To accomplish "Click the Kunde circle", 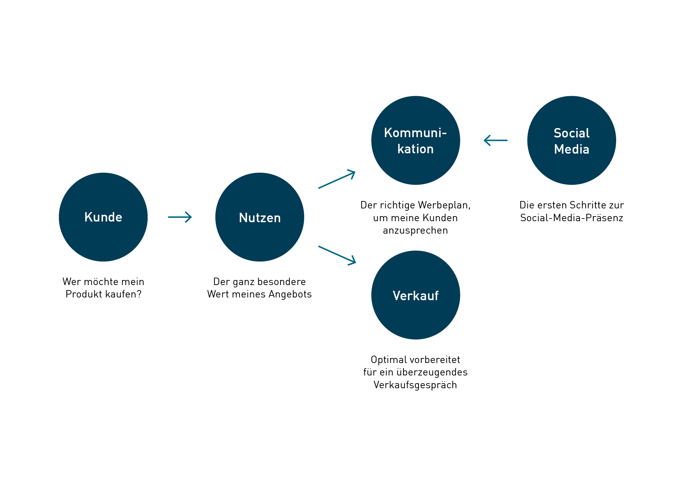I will pyautogui.click(x=103, y=217).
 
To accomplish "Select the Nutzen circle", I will pyautogui.click(x=260, y=217).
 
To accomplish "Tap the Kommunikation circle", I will pyautogui.click(x=416, y=141).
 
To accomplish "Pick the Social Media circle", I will pyautogui.click(x=571, y=141).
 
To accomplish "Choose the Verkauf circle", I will pyautogui.click(x=416, y=295).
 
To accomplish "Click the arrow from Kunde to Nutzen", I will pyautogui.click(x=180, y=217).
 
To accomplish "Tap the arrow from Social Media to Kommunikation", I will pyautogui.click(x=496, y=140).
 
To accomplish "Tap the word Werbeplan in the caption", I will pyautogui.click(x=444, y=205).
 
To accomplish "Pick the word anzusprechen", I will pyautogui.click(x=415, y=231).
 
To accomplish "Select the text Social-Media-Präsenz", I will pyautogui.click(x=571, y=218).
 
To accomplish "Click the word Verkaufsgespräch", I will pyautogui.click(x=415, y=385).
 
